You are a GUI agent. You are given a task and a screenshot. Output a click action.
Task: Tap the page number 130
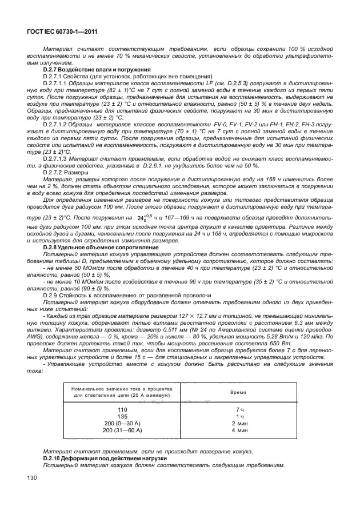[27, 477]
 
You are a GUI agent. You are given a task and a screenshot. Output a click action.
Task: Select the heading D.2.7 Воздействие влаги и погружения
[90, 69]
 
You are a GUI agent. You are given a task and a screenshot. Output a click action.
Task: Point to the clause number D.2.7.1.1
[55, 82]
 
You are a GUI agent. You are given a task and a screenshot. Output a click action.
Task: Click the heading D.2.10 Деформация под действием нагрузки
[95, 458]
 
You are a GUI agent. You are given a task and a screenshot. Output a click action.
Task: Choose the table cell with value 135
[122, 417]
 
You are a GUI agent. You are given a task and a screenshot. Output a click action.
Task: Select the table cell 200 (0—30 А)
[122, 423]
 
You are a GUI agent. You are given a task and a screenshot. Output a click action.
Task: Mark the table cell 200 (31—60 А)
[122, 429]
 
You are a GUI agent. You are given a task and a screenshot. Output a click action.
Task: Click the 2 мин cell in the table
[240, 423]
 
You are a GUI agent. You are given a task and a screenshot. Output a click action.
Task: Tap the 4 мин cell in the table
[240, 429]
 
